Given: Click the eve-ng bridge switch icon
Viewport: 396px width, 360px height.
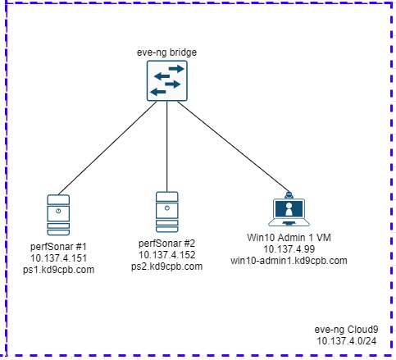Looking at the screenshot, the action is pyautogui.click(x=167, y=81).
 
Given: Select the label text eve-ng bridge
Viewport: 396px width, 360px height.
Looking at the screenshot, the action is pyautogui.click(x=166, y=52).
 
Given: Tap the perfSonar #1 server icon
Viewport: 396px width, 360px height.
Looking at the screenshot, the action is pyautogui.click(x=58, y=215).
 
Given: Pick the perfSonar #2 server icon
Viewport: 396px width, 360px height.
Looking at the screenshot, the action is pyautogui.click(x=167, y=212).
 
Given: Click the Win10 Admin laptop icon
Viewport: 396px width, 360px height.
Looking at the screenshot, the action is pyautogui.click(x=289, y=209).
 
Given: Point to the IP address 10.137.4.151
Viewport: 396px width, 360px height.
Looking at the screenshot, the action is pyautogui.click(x=58, y=258).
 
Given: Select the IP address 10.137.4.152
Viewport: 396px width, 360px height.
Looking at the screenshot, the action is pyautogui.click(x=167, y=255).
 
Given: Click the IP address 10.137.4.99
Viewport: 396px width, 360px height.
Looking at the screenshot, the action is pyautogui.click(x=289, y=249).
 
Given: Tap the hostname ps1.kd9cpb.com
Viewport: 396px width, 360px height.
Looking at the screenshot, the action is pyautogui.click(x=58, y=270).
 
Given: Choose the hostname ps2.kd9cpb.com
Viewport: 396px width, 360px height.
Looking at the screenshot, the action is pyautogui.click(x=167, y=267).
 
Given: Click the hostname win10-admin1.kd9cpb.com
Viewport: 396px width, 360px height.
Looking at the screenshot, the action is pyautogui.click(x=289, y=261).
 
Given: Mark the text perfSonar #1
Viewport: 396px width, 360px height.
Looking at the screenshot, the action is pyautogui.click(x=58, y=247).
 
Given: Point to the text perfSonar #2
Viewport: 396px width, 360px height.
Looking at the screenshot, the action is pyautogui.click(x=167, y=244).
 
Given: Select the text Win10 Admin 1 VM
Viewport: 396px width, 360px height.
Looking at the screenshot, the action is pyautogui.click(x=289, y=238).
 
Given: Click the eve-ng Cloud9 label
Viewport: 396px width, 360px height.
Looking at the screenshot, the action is pyautogui.click(x=346, y=330).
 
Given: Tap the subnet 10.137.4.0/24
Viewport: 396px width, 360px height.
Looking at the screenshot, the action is pyautogui.click(x=346, y=341).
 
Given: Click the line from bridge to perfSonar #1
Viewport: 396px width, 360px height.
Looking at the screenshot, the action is pyautogui.click(x=107, y=148).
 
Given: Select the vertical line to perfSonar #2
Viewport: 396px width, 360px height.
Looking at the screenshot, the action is pyautogui.click(x=167, y=147).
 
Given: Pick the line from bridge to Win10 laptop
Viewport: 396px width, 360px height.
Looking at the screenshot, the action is pyautogui.click(x=233, y=147).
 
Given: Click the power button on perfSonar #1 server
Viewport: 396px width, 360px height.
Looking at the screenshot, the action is pyautogui.click(x=58, y=211).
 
